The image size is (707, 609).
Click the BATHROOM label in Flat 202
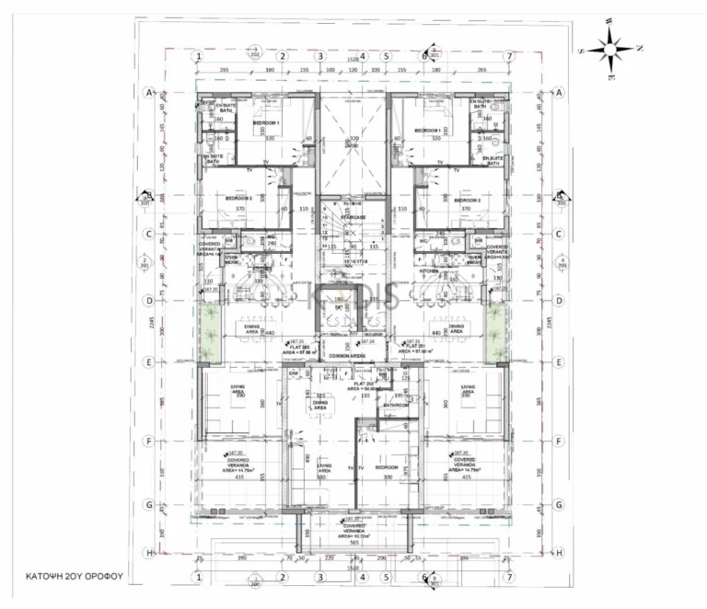397,404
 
